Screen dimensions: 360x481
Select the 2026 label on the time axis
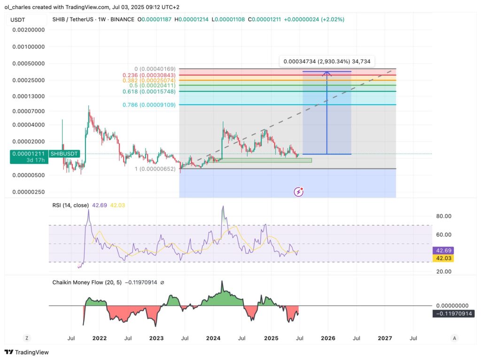tap(328, 338)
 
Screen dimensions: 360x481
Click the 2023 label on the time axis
tap(156, 338)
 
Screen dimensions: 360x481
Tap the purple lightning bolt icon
tap(298, 191)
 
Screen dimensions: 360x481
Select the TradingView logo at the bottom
tap(27, 352)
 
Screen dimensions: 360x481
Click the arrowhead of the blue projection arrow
tap(327, 72)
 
